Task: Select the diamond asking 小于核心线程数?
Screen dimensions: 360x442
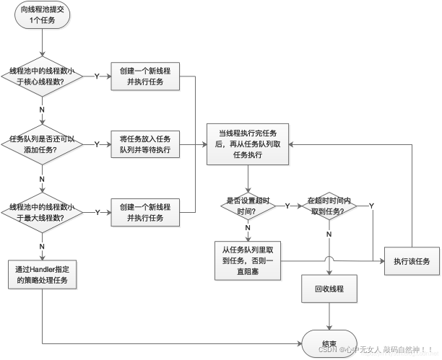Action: pyautogui.click(x=43, y=76)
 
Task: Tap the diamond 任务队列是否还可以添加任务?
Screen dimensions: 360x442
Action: pyautogui.click(x=43, y=144)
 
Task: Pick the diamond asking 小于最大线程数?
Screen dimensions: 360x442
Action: pyautogui.click(x=43, y=212)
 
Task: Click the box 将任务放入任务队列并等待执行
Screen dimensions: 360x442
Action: pyautogui.click(x=145, y=144)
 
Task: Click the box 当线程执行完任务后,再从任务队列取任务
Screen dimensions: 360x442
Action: pyautogui.click(x=247, y=143)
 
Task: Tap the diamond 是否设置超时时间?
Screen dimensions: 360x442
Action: pyautogui.click(x=247, y=206)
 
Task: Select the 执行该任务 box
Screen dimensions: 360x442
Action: pyautogui.click(x=412, y=261)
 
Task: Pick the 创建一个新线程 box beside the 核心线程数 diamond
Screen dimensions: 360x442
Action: pyautogui.click(x=145, y=76)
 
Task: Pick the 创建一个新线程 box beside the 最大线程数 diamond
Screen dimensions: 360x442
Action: pyautogui.click(x=145, y=212)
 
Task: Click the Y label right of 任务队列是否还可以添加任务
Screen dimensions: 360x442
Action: pyautogui.click(x=97, y=144)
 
